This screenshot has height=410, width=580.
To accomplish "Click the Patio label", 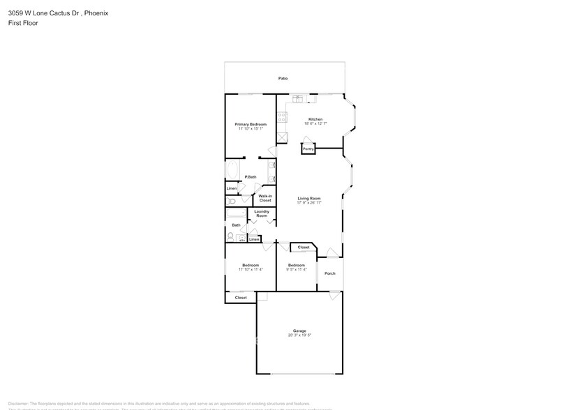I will click(283, 79).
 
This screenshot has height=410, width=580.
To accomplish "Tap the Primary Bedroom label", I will click(250, 124).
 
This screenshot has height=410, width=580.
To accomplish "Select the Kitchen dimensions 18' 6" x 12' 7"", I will click(315, 123).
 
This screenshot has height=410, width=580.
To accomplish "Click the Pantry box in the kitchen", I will click(308, 149).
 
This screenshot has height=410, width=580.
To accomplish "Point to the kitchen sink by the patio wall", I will click(299, 98).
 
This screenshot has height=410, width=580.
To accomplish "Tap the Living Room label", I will click(308, 198).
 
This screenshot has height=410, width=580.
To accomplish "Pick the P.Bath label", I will click(250, 177).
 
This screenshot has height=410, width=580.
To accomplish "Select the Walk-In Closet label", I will click(265, 198).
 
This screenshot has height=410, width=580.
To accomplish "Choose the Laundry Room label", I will click(262, 213).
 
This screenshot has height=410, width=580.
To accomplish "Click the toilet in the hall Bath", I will click(231, 237).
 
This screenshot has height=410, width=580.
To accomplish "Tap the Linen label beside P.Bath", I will click(232, 188).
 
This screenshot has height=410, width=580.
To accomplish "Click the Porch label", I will click(329, 273).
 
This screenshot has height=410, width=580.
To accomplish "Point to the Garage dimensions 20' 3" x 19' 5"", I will click(299, 335).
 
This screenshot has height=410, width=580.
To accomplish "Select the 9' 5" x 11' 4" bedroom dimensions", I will click(296, 269).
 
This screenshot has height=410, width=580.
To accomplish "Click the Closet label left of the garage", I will click(241, 298).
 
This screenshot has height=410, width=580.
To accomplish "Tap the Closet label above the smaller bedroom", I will click(304, 248).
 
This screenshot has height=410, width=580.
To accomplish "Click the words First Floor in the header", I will click(23, 23).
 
